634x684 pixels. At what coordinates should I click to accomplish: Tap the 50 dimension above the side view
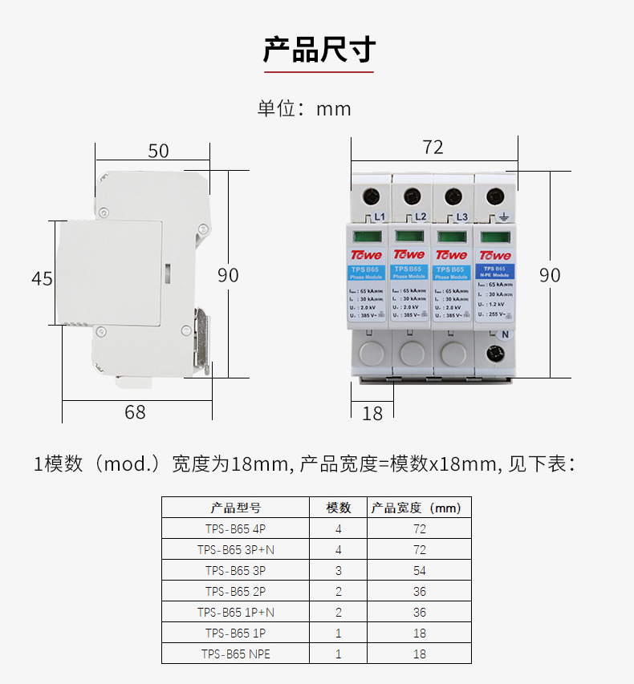159,151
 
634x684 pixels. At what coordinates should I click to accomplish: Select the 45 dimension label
42,279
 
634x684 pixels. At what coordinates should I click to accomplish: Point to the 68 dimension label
136,412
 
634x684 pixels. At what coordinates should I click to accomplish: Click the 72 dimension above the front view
433,148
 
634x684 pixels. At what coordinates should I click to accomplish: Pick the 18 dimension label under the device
373,413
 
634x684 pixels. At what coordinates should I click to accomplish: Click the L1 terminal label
380,217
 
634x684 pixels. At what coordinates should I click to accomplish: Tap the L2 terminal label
420,217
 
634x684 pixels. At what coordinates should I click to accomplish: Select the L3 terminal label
461,217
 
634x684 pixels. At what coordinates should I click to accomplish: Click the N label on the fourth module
506,335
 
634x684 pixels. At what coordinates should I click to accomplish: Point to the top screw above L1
372,195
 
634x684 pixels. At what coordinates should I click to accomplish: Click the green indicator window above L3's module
452,237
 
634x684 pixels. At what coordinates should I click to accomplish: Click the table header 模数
338,508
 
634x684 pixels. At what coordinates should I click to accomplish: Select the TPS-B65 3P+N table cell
236,550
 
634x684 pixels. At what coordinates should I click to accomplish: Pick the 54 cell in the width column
419,571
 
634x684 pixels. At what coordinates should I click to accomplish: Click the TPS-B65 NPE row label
236,654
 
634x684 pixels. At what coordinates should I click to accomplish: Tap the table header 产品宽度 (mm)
416,508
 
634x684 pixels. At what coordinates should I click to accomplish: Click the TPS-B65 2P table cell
236,592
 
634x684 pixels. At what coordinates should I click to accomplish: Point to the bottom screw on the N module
494,351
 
